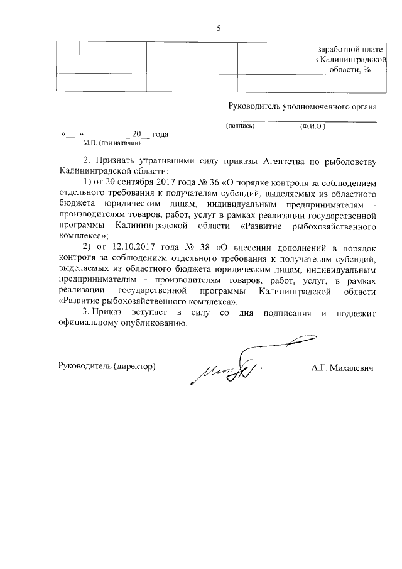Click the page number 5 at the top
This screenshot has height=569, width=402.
(x=219, y=28)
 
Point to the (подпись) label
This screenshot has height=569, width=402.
(x=239, y=126)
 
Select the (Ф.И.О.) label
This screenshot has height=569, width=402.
(x=312, y=126)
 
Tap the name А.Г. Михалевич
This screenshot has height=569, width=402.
(x=342, y=367)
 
